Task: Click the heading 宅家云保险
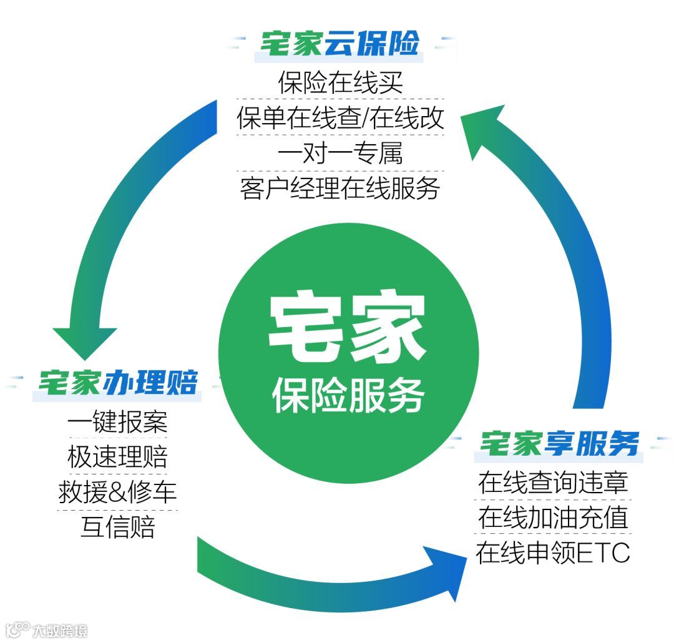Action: coord(340,45)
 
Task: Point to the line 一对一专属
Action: coord(340,153)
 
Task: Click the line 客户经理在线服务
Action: coord(340,188)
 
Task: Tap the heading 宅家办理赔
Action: coord(118,383)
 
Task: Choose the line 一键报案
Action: coord(118,423)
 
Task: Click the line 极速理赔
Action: coord(118,458)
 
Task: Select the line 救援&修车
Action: coord(118,493)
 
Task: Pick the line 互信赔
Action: coord(118,528)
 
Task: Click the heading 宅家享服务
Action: coord(559,444)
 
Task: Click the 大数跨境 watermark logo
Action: coord(46,629)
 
